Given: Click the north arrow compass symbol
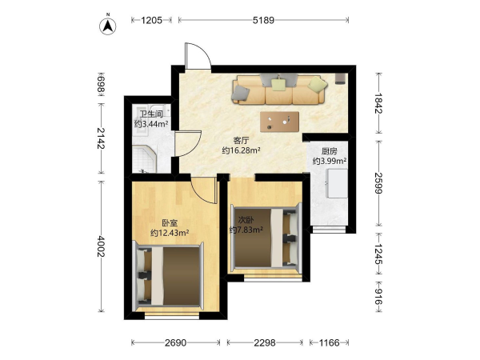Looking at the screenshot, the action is [107, 26].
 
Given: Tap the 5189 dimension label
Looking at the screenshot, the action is [263, 20].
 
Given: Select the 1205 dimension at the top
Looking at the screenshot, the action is [151, 20].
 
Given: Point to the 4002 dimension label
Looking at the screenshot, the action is [101, 246].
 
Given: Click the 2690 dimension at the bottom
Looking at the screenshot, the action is [175, 342].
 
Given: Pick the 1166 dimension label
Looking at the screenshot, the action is [330, 342].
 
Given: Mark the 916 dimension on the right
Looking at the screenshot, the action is [378, 296].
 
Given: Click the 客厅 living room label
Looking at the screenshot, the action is [241, 141].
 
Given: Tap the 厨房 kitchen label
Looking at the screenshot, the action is [330, 151].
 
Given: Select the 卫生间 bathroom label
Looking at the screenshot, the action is [151, 114].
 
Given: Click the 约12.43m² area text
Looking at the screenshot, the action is [170, 233].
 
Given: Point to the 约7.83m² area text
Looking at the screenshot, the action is [246, 230].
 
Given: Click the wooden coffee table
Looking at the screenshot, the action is [279, 122].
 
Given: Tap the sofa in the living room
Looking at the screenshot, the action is [279, 90].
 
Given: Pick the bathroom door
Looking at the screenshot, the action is [187, 144].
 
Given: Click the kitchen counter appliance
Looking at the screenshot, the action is [337, 183].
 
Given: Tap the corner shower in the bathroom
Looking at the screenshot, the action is [145, 160].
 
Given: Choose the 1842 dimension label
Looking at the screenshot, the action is [378, 103].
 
